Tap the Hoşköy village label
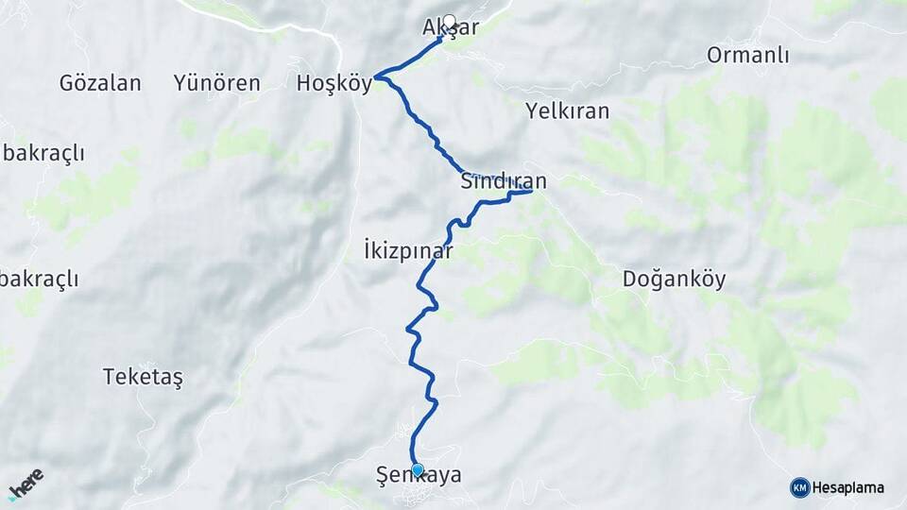[334, 83]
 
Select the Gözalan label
[100, 83]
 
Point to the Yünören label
[216, 83]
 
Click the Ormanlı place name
[747, 56]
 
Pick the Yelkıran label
[567, 111]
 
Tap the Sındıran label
[504, 179]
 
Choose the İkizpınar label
[408, 251]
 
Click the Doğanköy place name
[675, 280]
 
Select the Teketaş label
[143, 377]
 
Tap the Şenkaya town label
[419, 476]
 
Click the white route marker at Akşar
[449, 20]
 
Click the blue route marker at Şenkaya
[417, 468]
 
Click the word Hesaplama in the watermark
[848, 487]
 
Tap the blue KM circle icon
[800, 487]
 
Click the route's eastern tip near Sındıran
[532, 191]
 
